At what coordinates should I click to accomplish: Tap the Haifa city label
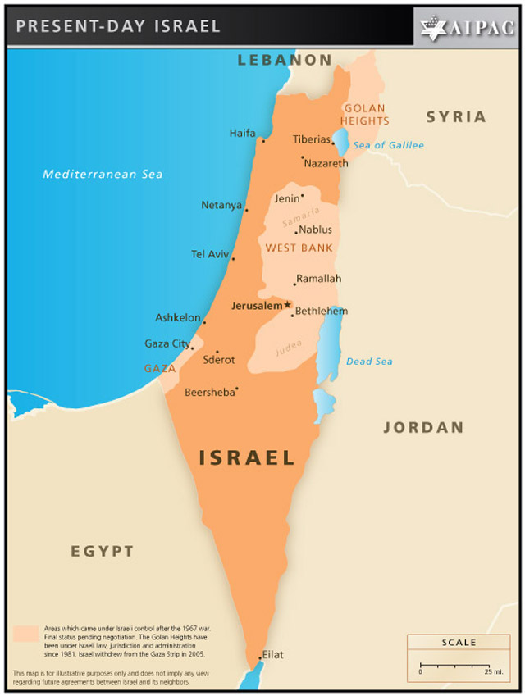click(242, 134)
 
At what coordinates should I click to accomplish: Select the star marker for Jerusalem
click(287, 305)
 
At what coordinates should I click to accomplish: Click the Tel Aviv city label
click(210, 254)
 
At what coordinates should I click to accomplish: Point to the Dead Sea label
click(369, 362)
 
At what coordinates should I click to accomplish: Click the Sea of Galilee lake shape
click(340, 144)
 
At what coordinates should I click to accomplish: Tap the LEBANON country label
click(285, 60)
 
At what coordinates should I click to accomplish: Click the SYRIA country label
click(455, 117)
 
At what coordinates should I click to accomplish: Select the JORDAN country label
click(423, 427)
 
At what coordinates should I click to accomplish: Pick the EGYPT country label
click(102, 551)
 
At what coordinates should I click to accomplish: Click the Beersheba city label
click(209, 392)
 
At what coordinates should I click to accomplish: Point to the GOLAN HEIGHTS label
click(366, 115)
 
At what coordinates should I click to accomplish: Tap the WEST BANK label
click(299, 248)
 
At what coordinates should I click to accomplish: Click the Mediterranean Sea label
click(103, 174)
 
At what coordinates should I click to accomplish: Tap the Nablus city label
click(316, 230)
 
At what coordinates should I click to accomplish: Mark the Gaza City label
click(167, 343)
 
